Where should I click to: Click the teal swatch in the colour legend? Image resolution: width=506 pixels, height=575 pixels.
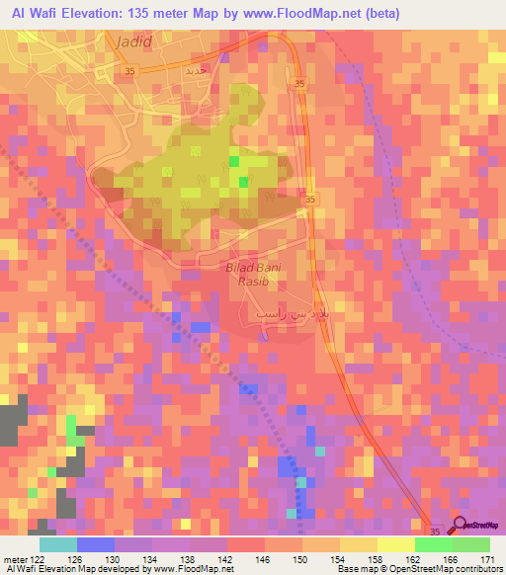point(57,544)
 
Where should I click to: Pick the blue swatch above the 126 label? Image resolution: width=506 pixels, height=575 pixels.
point(95,544)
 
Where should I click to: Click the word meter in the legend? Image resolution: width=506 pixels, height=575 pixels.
point(12,558)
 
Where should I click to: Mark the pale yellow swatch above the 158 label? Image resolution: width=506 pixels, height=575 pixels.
point(358,544)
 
